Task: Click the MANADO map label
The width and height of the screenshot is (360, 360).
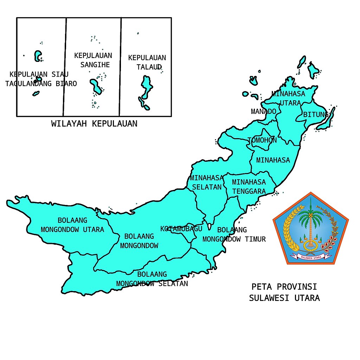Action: pyautogui.click(x=263, y=111)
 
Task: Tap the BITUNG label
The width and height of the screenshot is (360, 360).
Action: pyautogui.click(x=316, y=115)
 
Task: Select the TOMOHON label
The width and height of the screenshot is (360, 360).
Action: pyautogui.click(x=262, y=140)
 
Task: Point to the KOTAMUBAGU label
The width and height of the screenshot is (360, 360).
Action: pyautogui.click(x=181, y=229)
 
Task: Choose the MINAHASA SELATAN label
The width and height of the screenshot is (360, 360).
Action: pyautogui.click(x=207, y=182)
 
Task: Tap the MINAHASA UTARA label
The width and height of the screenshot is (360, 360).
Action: pyautogui.click(x=288, y=98)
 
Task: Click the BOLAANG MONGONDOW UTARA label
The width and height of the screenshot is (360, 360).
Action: pyautogui.click(x=72, y=225)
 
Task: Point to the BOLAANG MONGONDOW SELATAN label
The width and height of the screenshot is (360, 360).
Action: pyautogui.click(x=152, y=279)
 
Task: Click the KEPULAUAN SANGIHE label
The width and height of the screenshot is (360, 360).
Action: pyautogui.click(x=93, y=60)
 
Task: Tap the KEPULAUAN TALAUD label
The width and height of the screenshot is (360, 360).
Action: pyautogui.click(x=147, y=62)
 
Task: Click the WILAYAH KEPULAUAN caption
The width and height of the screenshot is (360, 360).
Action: pyautogui.click(x=94, y=124)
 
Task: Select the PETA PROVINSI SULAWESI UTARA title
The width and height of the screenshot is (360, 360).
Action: pyautogui.click(x=284, y=292)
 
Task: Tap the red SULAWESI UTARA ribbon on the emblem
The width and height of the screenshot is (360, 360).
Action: pyautogui.click(x=311, y=257)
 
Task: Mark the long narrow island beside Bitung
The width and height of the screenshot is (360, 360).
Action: pyautogui.click(x=326, y=120)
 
